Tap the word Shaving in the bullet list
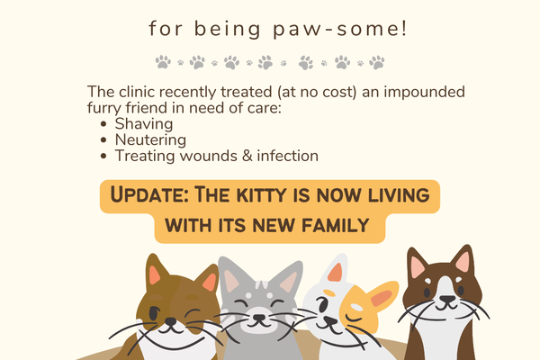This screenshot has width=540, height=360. [144, 124]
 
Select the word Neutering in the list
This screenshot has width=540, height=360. [150, 139]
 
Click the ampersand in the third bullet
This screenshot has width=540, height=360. [247, 156]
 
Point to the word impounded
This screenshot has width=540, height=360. [424, 93]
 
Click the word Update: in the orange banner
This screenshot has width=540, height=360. [149, 195]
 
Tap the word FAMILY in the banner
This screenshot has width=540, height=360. [336, 226]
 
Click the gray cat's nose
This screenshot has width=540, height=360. [259, 318]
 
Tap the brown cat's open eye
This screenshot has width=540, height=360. [154, 313]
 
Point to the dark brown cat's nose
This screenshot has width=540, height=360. [446, 299]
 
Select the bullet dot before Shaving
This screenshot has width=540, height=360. [103, 124]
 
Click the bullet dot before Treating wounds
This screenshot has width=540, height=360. [103, 156]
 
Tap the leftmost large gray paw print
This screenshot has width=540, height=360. [163, 62]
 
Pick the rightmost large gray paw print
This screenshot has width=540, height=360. [377, 62]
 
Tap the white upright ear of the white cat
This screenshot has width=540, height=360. [336, 269]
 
